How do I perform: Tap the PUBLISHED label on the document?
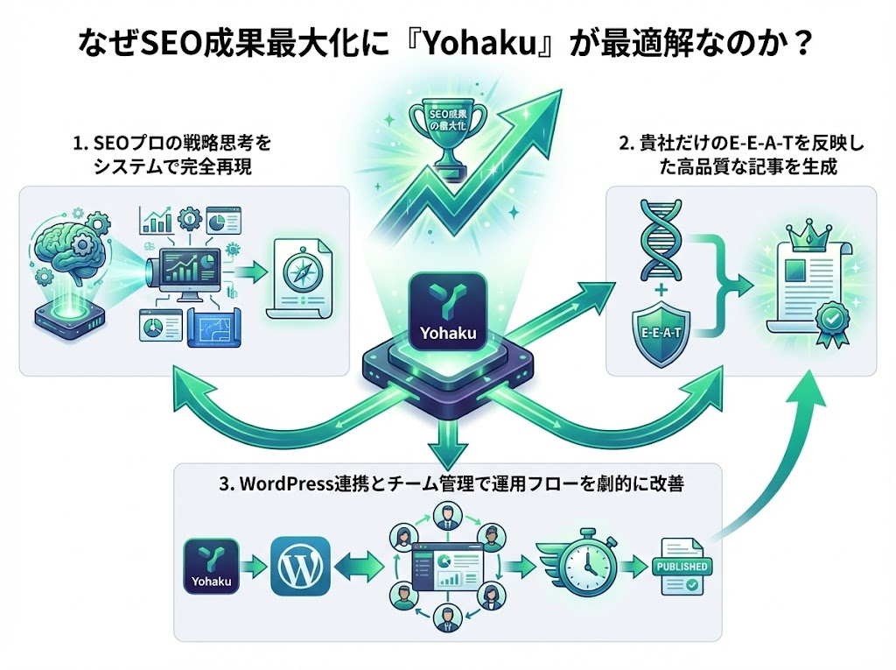click(682, 566)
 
